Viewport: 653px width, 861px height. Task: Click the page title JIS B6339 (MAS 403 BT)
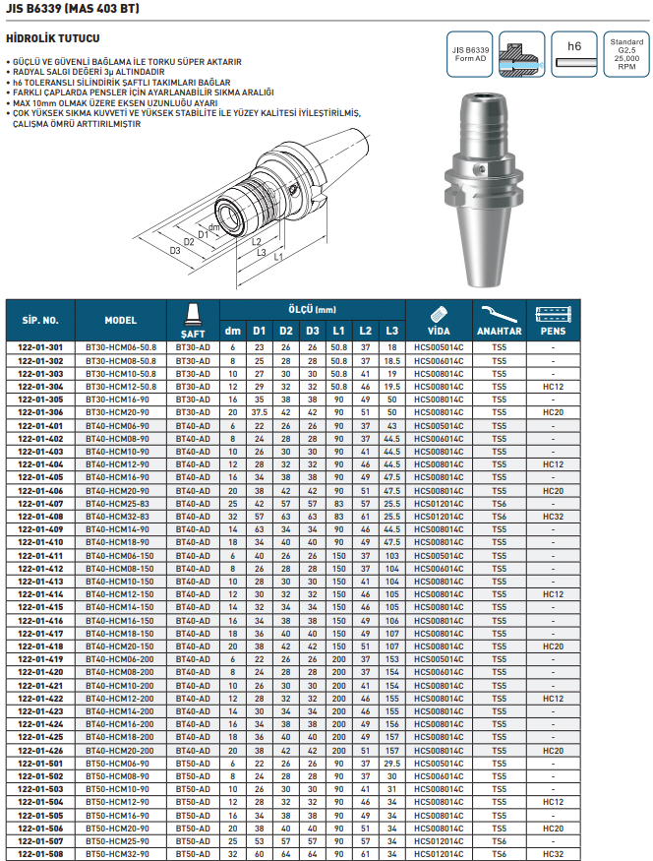point(73,10)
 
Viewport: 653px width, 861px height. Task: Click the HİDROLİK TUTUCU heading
point(53,38)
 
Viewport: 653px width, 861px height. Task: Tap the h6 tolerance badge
point(575,46)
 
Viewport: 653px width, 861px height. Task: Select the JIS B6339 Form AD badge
point(470,54)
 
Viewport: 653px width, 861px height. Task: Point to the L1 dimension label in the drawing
point(279,258)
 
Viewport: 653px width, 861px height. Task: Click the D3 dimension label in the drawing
point(175,251)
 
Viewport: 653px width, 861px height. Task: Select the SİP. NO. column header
point(41,321)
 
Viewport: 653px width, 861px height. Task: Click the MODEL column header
point(121,321)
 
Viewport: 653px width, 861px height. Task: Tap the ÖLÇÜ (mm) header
point(312,309)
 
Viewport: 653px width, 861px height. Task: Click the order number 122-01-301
point(41,348)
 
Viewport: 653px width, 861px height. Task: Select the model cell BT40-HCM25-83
point(119,503)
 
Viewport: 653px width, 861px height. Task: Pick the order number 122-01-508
point(41,853)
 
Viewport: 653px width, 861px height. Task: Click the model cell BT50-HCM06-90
point(119,763)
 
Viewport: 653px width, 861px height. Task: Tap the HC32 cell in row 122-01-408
point(553,516)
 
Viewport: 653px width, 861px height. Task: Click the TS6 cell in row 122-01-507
point(500,840)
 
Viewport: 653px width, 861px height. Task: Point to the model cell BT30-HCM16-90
point(119,400)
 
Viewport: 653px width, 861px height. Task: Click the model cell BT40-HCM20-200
point(119,750)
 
